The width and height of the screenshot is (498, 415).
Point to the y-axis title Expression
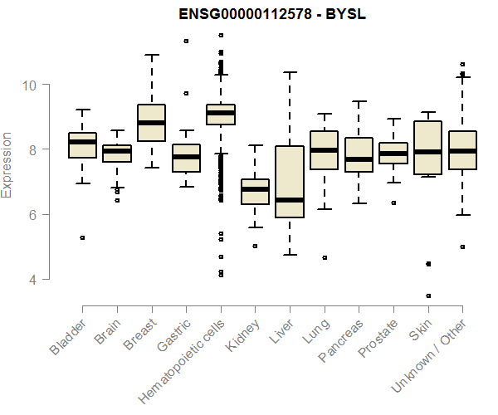[7, 164]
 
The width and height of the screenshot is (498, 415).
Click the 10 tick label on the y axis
[31, 85]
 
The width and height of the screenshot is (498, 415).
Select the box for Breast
[151, 123]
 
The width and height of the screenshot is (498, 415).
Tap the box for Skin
[428, 148]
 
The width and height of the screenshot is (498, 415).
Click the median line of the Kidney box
[255, 189]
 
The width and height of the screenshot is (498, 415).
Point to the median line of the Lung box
[324, 150]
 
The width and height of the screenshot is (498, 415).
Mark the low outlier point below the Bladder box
[82, 237]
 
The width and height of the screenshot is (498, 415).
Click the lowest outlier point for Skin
[428, 295]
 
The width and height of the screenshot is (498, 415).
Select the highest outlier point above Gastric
[186, 41]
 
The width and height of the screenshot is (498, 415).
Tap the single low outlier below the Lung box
[324, 257]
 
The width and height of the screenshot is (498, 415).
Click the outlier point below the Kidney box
[255, 246]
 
